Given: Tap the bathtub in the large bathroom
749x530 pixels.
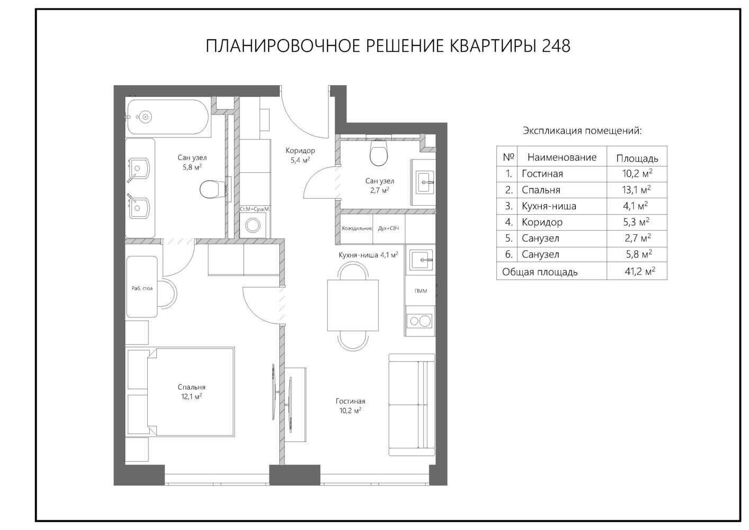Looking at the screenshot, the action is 168,117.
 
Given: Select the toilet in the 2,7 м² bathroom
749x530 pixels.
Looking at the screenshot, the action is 379,153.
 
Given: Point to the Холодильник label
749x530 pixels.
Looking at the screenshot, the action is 356,228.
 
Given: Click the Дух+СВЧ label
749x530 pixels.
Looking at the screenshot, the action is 388,228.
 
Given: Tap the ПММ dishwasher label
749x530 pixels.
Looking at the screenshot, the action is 421,291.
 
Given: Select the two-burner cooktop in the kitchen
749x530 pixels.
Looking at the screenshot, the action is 420,321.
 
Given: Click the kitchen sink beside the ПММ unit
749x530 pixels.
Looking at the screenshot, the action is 421,260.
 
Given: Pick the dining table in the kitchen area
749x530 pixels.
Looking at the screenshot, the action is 353,305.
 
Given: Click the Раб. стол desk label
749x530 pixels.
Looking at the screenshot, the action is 142,288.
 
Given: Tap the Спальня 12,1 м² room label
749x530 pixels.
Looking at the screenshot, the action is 191,392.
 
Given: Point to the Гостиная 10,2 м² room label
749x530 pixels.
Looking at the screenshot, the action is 350,406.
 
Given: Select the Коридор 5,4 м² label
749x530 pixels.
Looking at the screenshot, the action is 300,155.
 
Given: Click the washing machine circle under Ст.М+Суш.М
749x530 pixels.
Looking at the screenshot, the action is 253,226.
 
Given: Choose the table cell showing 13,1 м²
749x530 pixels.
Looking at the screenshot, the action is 636,190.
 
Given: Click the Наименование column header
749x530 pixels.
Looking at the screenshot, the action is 561,157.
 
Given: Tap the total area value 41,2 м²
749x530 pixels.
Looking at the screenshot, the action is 640,271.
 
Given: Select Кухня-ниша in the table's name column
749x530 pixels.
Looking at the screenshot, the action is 549,206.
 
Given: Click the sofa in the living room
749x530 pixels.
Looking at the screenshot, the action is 412,405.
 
